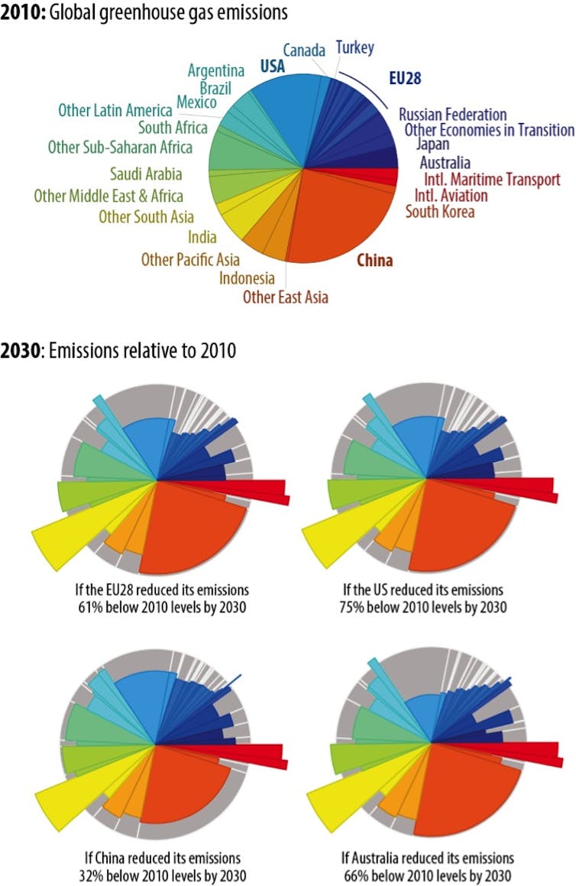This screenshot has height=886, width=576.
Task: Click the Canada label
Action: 304,50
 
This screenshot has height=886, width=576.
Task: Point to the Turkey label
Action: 354,48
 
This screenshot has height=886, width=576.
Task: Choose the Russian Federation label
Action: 452,115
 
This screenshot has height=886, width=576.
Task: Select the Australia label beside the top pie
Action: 445,162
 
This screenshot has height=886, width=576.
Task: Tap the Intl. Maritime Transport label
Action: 492,179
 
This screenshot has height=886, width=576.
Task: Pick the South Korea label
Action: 440,211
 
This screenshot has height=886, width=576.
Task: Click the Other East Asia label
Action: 286,296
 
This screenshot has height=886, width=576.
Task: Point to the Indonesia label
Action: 247,277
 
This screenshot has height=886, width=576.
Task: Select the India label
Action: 202,237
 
